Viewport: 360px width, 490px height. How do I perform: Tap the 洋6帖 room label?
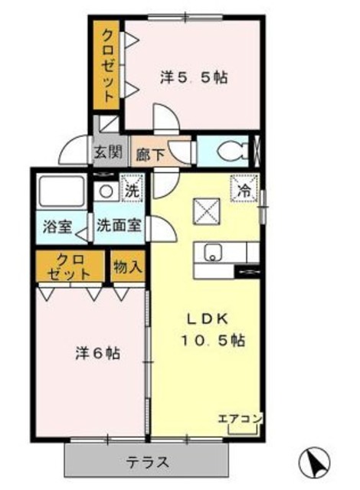pos(97,354)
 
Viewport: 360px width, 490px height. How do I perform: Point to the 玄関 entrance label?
pos(108,151)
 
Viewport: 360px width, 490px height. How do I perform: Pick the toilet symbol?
pos(229,152)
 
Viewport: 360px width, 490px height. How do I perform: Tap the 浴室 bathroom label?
pos(57,227)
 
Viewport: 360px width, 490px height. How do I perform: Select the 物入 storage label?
pos(127,267)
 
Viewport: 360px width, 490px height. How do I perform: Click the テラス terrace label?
pos(148,462)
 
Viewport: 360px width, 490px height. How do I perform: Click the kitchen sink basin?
pos(211,253)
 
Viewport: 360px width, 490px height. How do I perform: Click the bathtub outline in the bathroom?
pos(61,191)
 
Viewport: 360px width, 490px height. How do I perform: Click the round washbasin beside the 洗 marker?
pos(106,191)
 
